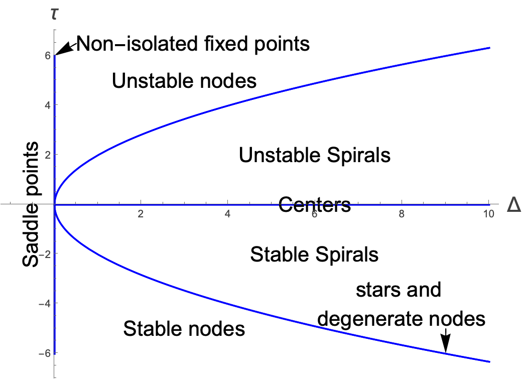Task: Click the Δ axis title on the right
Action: (x=513, y=205)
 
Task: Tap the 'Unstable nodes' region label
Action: (x=184, y=81)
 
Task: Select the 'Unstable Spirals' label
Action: (x=315, y=155)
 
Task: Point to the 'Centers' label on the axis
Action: (x=314, y=204)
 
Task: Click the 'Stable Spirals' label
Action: (x=314, y=255)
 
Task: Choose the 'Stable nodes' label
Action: (x=184, y=329)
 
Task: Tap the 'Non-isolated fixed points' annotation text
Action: (x=193, y=45)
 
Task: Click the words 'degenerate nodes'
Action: (x=402, y=319)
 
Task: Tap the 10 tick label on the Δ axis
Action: (x=486, y=214)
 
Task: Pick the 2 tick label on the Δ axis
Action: (x=141, y=214)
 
